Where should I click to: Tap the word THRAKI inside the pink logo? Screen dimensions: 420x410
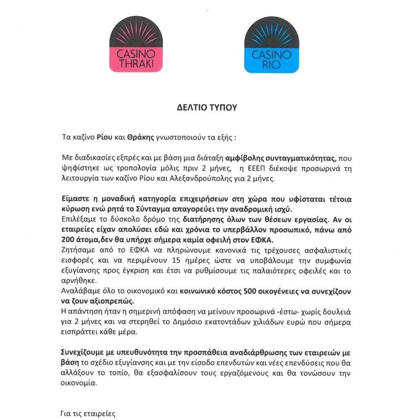(x=136, y=62)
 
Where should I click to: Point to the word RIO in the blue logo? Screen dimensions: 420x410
(x=271, y=62)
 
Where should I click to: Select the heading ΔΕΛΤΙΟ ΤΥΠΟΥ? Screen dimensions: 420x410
(x=206, y=107)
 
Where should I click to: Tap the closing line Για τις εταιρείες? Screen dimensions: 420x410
(x=88, y=414)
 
